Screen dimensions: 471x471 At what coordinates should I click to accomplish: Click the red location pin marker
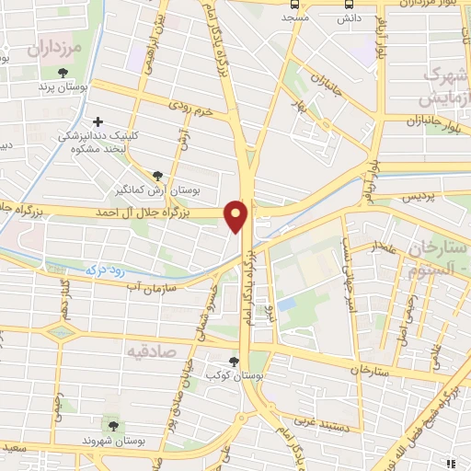click(237, 214)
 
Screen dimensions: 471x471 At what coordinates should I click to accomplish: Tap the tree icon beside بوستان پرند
click(63, 73)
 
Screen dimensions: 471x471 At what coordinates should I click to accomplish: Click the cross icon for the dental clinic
click(98, 121)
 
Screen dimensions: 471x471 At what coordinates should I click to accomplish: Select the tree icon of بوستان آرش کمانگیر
click(159, 175)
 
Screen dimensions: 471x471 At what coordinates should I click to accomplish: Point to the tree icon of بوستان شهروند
click(114, 425)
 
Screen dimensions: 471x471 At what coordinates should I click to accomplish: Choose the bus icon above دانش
click(348, 4)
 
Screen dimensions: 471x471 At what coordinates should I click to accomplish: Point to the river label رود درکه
click(104, 270)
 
